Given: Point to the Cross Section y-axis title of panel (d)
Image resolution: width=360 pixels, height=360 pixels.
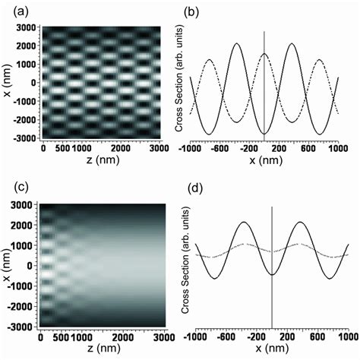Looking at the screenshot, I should coord(188,270).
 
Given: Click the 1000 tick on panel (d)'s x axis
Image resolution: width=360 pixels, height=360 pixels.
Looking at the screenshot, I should coord(349,337).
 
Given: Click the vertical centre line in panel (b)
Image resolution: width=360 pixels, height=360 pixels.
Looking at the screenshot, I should coord(264,84).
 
